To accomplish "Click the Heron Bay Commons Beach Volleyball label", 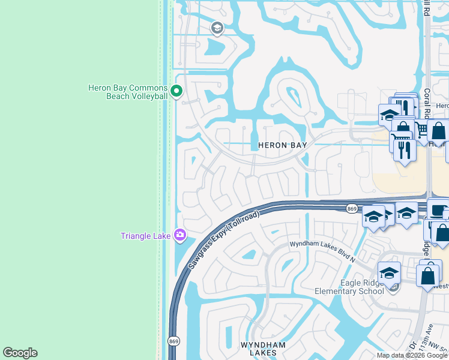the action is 128,92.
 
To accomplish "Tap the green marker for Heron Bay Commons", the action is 176,92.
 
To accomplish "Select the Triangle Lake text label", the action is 146,236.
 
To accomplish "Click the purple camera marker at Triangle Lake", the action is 179,235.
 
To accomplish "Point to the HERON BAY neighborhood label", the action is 283,145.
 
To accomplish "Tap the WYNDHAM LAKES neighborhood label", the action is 259,349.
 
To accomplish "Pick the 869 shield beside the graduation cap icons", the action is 352,208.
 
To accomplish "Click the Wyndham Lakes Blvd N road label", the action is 322,244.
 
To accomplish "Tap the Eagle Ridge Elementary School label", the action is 349,287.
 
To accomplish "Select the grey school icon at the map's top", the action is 217,28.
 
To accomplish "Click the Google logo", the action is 20,353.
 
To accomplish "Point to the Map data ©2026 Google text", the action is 412,355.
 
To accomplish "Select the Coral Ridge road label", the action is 428,102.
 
